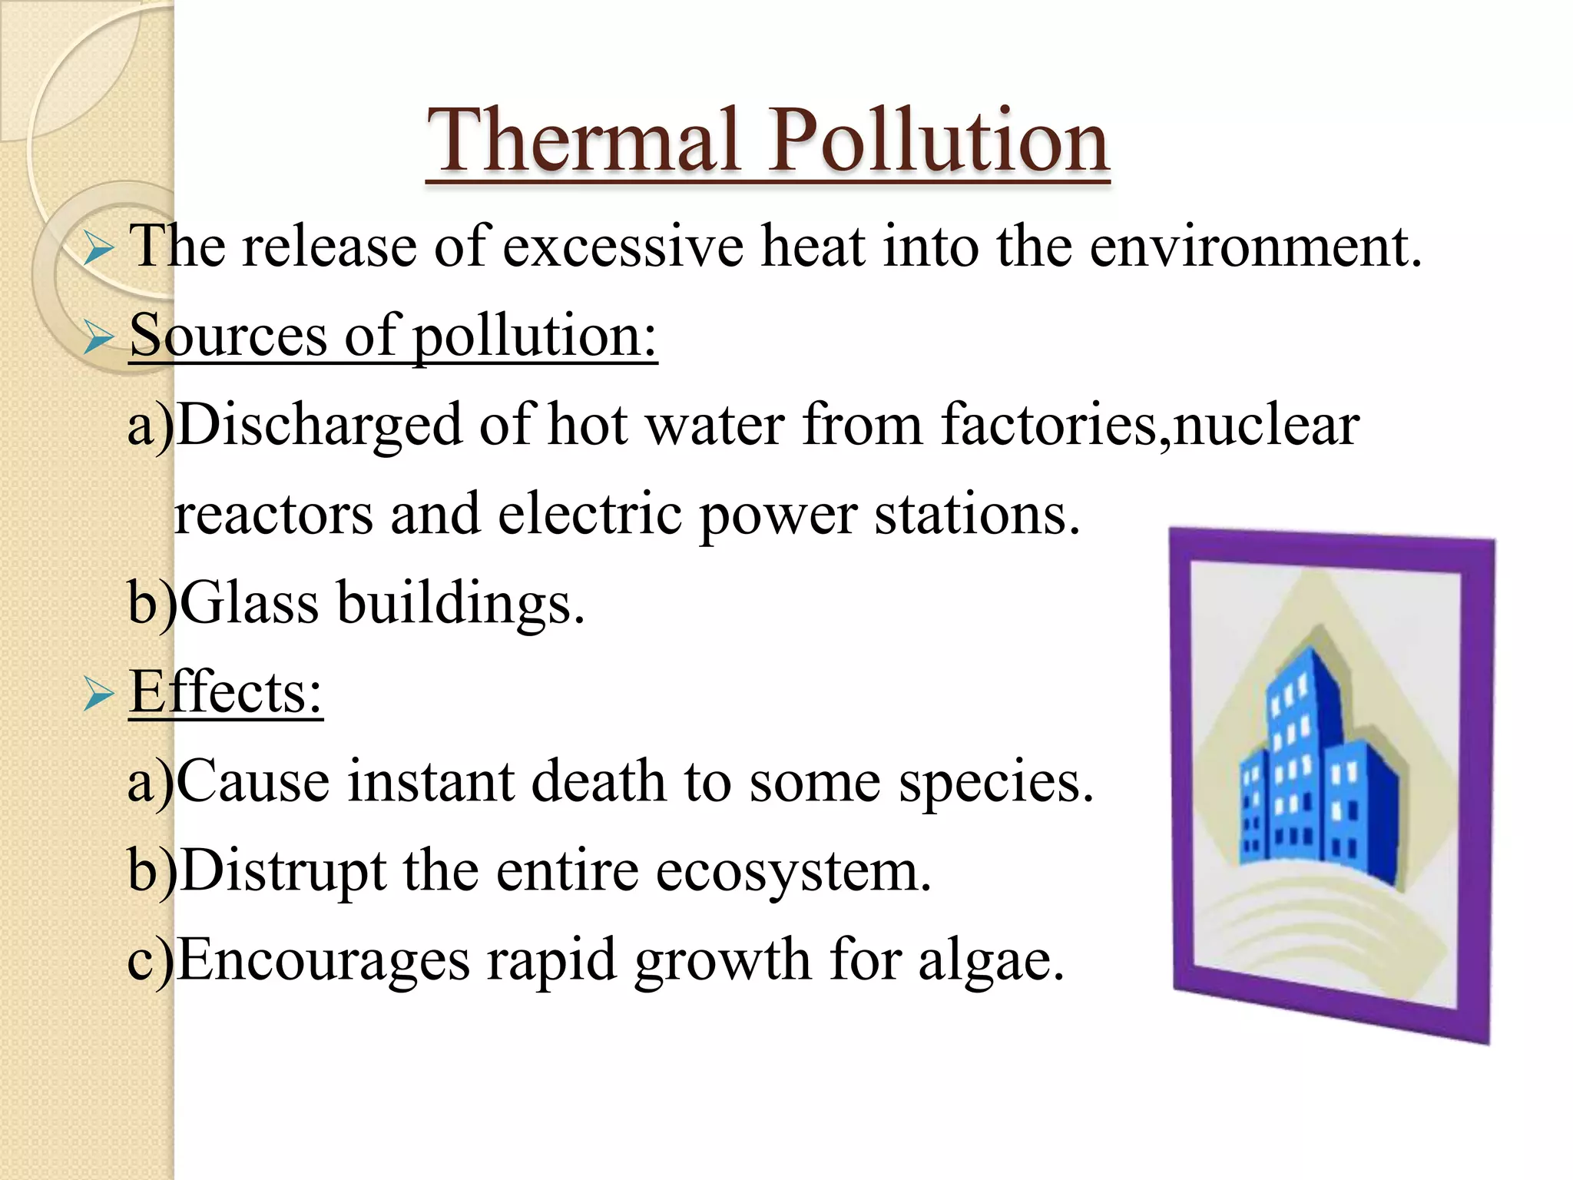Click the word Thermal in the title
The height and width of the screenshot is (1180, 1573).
[x=584, y=141]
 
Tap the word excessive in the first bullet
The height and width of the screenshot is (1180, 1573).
[x=623, y=247]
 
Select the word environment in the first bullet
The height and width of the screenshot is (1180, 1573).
[x=1254, y=247]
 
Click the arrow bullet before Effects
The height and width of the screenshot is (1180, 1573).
[x=98, y=694]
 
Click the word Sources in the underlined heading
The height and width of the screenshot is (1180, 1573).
[x=228, y=336]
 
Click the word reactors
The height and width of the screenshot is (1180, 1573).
[x=273, y=515]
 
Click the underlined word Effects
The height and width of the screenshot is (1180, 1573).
[x=225, y=692]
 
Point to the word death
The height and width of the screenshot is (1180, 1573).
[x=598, y=781]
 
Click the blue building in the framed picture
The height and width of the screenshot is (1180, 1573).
[x=1317, y=776]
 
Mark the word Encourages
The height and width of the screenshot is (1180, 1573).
[x=323, y=961]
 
